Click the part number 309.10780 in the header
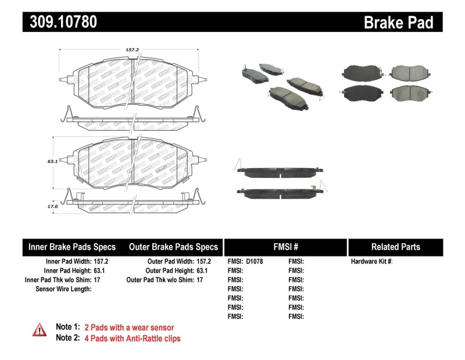point(59,22)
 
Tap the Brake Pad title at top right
point(398,22)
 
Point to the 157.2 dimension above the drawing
point(133,50)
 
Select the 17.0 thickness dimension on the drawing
point(52,206)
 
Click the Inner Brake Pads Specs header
point(72,247)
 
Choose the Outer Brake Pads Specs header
point(173,247)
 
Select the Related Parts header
point(395,247)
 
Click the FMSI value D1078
point(255,262)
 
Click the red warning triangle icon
point(39,330)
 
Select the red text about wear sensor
point(129,327)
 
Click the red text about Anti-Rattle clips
point(133,338)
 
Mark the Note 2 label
point(67,338)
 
